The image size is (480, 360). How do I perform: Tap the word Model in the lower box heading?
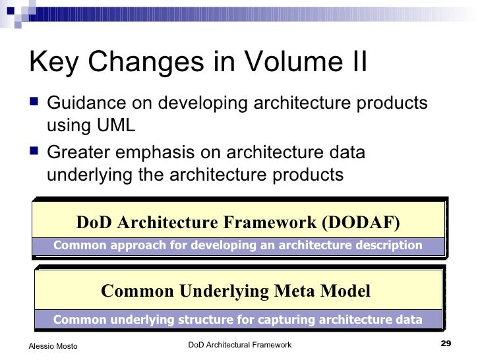(346, 291)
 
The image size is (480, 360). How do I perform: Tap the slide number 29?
(444, 344)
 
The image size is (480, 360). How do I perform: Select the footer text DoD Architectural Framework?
(239, 345)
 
